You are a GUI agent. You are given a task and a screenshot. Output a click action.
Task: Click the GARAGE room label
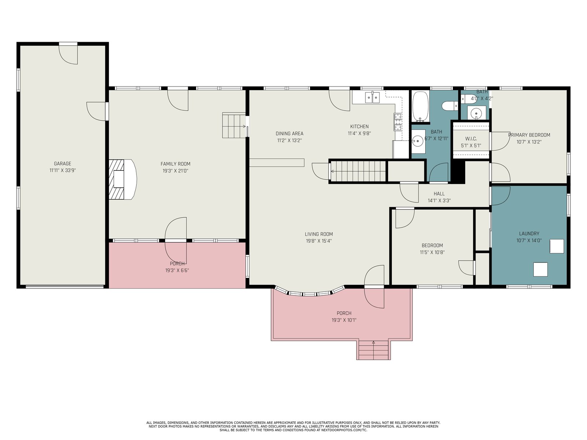pyautogui.click(x=63, y=164)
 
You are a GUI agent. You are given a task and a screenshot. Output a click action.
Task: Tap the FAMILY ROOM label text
pyautogui.click(x=175, y=164)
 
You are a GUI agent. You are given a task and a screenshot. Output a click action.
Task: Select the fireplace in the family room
pyautogui.click(x=123, y=179)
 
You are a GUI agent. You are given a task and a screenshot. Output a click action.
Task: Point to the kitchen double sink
pyautogui.click(x=372, y=97)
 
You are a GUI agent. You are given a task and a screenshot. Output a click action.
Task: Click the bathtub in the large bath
pyautogui.click(x=421, y=106)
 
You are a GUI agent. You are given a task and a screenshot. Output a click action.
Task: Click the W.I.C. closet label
pyautogui.click(x=471, y=139)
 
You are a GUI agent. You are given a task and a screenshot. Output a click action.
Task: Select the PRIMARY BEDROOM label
pyautogui.click(x=529, y=135)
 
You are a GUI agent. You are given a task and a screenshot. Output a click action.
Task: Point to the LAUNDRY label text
pyautogui.click(x=529, y=234)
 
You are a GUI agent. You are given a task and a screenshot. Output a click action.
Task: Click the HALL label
pyautogui.click(x=439, y=194)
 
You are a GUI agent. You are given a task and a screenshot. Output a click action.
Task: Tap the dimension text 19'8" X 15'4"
pyautogui.click(x=319, y=241)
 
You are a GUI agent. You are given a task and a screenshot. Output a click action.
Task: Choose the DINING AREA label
pyautogui.click(x=289, y=133)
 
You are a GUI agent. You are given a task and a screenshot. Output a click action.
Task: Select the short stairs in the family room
pyautogui.click(x=234, y=125)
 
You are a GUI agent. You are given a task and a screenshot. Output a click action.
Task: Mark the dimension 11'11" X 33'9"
pyautogui.click(x=63, y=170)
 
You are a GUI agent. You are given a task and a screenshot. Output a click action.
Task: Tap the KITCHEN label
pyautogui.click(x=360, y=126)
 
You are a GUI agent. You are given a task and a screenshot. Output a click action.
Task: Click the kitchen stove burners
pyautogui.click(x=398, y=122)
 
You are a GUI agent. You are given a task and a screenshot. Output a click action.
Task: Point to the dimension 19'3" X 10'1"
pyautogui.click(x=344, y=320)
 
